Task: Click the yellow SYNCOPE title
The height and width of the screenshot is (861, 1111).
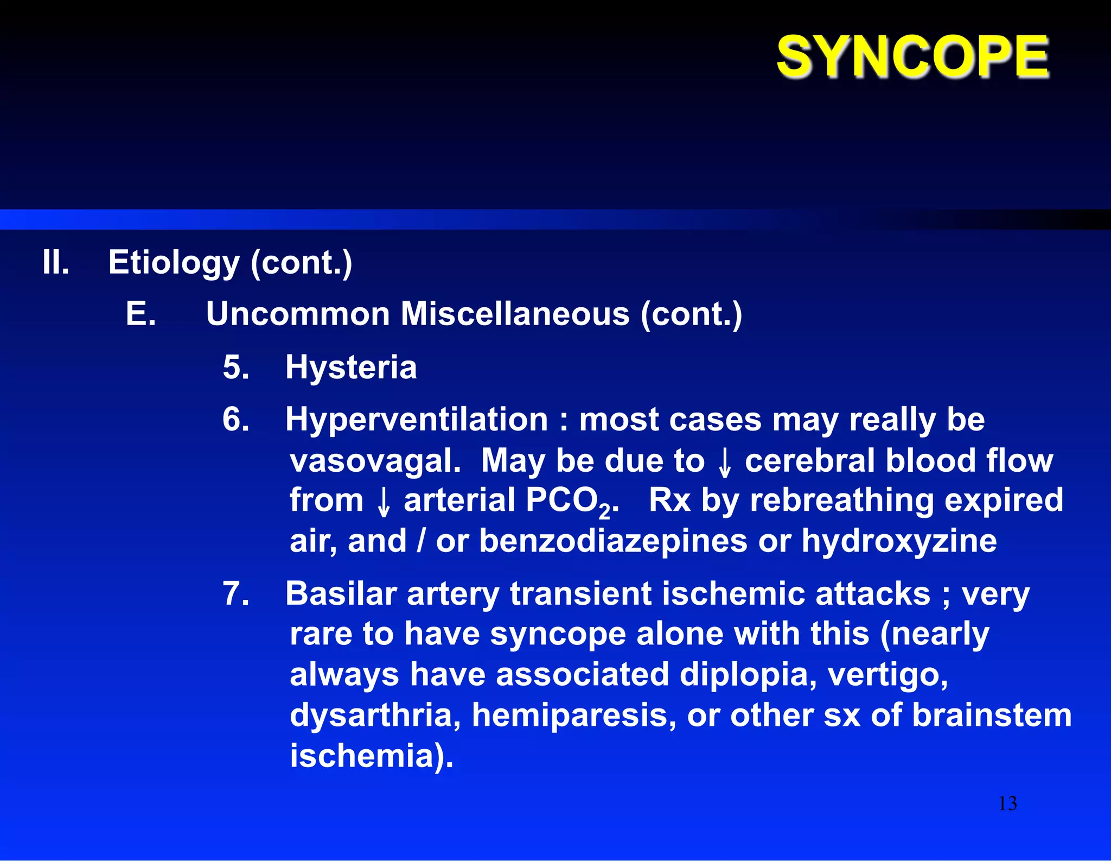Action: (912, 56)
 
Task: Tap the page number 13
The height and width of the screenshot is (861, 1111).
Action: (1007, 803)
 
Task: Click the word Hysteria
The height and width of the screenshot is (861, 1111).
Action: (351, 367)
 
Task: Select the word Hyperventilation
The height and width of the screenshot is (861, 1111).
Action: (417, 420)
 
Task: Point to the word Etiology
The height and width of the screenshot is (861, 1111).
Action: (174, 263)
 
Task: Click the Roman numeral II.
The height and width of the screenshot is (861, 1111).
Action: (56, 262)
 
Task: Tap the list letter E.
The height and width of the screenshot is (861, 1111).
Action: (141, 314)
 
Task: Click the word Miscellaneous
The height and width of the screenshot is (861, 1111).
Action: (515, 314)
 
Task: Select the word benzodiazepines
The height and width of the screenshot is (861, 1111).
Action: (613, 541)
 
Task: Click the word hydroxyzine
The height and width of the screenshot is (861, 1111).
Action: (899, 541)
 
